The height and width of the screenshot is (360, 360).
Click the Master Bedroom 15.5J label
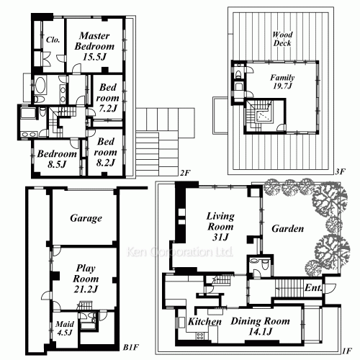94,46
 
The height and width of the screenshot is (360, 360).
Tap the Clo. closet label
53,40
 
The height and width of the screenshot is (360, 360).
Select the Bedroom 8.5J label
57,159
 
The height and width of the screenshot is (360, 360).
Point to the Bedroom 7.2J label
107,98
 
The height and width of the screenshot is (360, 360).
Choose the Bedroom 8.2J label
106,152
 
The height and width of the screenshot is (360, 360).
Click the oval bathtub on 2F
40,85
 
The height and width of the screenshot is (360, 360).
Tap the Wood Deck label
282,39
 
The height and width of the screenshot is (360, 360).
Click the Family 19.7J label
282,81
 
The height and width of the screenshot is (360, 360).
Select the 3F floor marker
340,172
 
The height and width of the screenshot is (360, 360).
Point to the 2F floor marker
185,173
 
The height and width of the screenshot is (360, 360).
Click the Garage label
86,218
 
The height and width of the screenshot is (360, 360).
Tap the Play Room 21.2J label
86,279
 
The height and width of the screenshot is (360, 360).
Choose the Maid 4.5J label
64,328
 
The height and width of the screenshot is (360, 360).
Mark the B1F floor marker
131,347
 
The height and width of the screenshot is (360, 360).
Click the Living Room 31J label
220,227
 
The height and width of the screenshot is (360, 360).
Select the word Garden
288,228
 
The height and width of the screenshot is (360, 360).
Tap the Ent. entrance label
313,287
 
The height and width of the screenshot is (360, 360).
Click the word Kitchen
204,322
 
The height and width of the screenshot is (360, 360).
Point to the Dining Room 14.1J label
260,326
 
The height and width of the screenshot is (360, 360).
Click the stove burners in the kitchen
200,336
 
